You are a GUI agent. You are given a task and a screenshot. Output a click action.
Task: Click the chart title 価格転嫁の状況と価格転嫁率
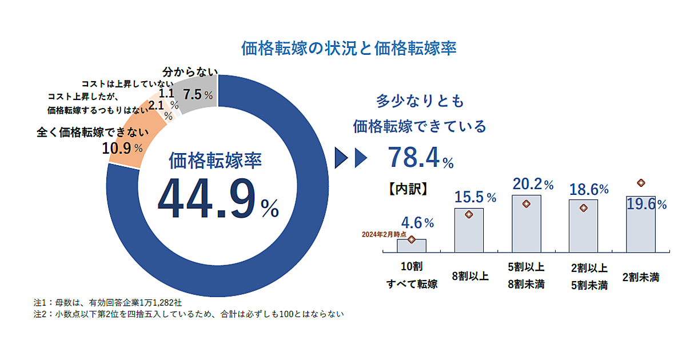click(349, 48)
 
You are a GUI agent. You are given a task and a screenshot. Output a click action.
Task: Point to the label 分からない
click(190, 72)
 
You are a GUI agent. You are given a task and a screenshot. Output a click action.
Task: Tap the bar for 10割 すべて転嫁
click(412, 246)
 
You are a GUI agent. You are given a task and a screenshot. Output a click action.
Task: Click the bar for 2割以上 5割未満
click(583, 226)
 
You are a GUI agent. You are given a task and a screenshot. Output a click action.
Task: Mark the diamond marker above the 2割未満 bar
click(641, 183)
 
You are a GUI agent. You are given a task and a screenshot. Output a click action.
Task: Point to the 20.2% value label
click(532, 184)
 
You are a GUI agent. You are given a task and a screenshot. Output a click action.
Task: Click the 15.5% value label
click(474, 197)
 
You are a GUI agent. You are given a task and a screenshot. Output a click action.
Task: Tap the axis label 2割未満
click(641, 277)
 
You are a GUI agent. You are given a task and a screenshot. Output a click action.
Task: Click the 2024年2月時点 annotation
click(384, 234)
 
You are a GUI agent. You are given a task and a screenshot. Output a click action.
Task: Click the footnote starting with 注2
click(189, 313)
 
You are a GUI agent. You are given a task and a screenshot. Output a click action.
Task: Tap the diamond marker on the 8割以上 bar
click(469, 215)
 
